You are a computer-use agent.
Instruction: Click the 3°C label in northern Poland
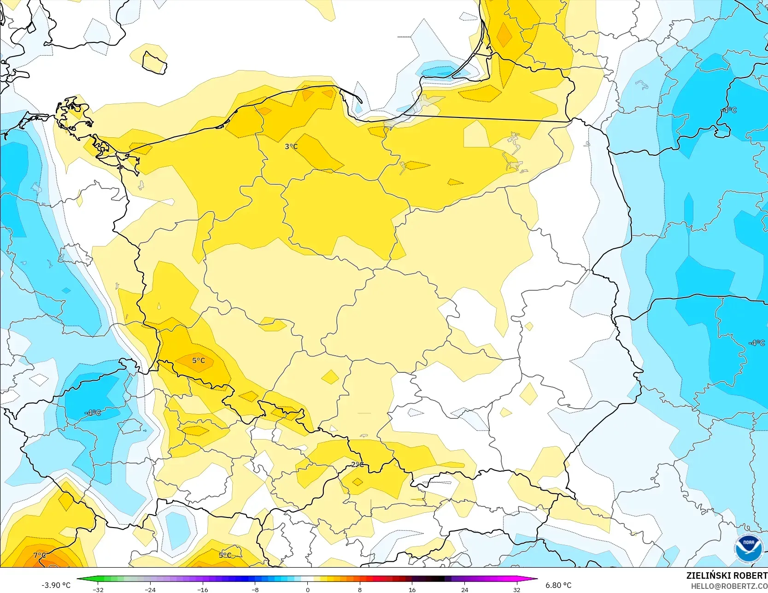point(291,147)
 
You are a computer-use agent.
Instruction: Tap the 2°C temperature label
point(357,464)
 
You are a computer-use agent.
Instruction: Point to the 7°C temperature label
point(40,555)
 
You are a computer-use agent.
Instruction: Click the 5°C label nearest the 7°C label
point(225,555)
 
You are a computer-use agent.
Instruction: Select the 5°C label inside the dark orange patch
point(199,360)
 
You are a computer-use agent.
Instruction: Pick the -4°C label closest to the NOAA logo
point(756,343)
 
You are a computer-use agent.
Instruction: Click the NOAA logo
point(749,549)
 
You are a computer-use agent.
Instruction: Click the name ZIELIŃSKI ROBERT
point(727,575)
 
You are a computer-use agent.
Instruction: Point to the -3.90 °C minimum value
point(56,585)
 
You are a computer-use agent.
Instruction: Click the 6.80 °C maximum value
point(558,585)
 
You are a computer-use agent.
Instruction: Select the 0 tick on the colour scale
point(307,589)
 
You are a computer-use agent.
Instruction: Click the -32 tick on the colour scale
point(98,589)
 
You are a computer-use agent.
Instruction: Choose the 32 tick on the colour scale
point(516,589)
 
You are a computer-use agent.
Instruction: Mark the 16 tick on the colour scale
point(412,589)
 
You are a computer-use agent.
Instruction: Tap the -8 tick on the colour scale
point(255,589)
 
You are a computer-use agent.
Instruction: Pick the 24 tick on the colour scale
point(464,589)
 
